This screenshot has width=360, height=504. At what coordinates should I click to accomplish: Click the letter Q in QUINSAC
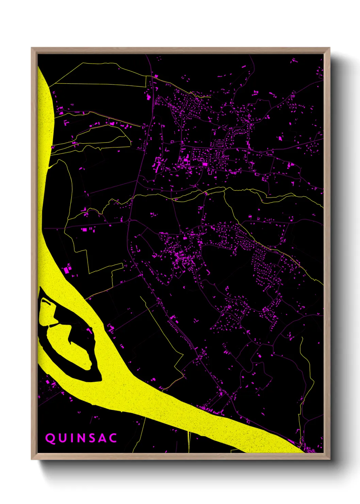(x=50, y=438)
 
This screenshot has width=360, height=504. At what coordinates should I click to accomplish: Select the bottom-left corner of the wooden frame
(x=32, y=459)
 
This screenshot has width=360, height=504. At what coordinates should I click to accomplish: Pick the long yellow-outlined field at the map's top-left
(x=102, y=75)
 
